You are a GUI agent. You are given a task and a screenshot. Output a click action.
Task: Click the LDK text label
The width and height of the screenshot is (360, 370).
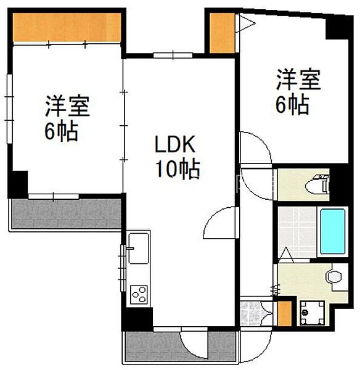click(x=174, y=146)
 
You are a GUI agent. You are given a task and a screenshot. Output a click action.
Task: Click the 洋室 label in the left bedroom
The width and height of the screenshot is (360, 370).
click(x=67, y=106)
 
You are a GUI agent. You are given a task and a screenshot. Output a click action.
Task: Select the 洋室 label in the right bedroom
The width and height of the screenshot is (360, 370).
click(x=298, y=81)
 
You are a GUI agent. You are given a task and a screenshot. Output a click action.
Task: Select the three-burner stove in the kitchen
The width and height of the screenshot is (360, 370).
click(x=139, y=294)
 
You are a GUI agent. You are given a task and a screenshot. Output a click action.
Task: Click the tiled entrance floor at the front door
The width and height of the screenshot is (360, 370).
click(x=252, y=313)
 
